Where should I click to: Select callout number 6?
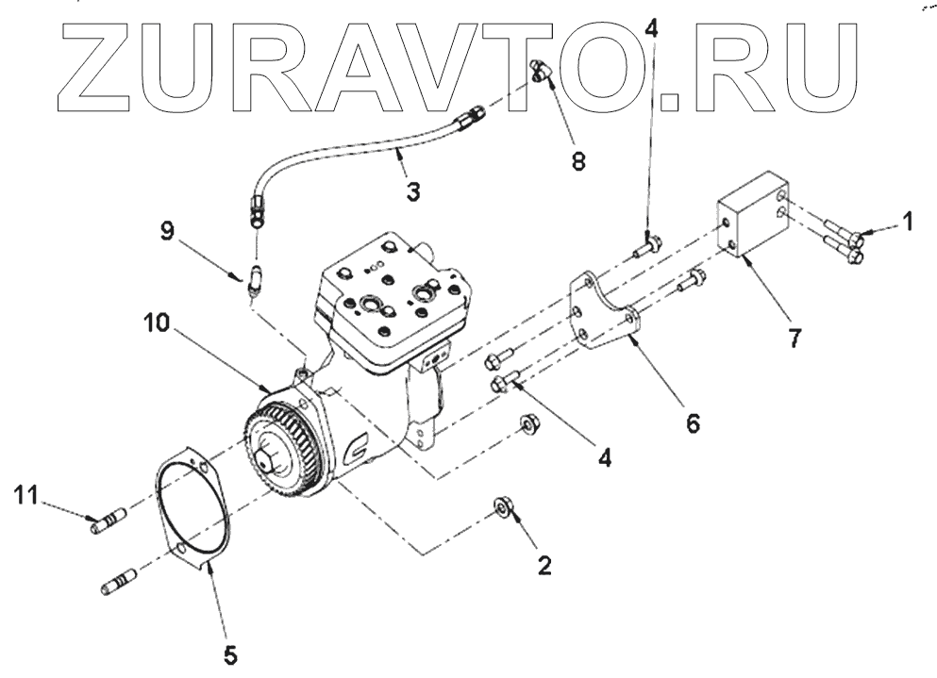pyautogui.click(x=693, y=424)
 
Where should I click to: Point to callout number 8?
pyautogui.click(x=577, y=161)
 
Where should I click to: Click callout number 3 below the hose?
pyautogui.click(x=412, y=190)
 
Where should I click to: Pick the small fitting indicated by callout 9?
pyautogui.click(x=254, y=278)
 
